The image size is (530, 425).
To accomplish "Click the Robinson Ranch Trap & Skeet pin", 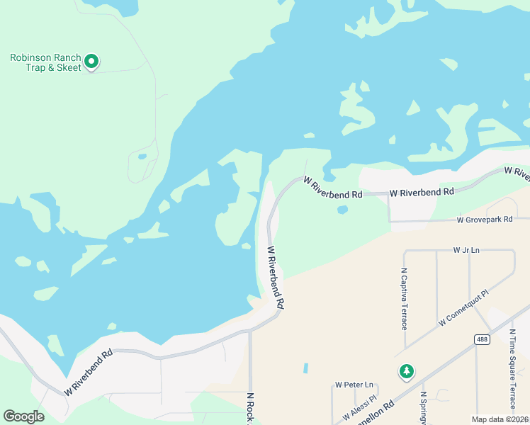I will [91, 62].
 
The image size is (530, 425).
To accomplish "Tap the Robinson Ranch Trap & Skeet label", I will [45, 62].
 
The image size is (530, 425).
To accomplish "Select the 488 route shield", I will [482, 340].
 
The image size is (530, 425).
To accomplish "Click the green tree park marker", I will [406, 371].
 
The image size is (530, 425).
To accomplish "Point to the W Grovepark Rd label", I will [485, 220].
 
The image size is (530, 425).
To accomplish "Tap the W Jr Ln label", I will [466, 250].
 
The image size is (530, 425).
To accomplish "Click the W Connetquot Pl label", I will [464, 307].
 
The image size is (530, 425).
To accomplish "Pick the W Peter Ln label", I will [354, 385].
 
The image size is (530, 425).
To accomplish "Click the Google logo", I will [23, 416].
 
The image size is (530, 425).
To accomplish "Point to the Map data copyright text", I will [500, 419].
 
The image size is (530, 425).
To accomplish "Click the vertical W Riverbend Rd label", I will [275, 276].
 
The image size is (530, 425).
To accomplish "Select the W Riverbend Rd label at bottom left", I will [89, 373].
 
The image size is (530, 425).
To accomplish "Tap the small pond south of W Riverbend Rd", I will [343, 210].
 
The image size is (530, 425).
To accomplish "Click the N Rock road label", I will [250, 409].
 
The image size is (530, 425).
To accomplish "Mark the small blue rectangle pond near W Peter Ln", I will [305, 368].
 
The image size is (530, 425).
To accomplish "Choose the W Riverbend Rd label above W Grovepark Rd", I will [422, 192].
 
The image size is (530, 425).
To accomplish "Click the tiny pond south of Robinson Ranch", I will [142, 157].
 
